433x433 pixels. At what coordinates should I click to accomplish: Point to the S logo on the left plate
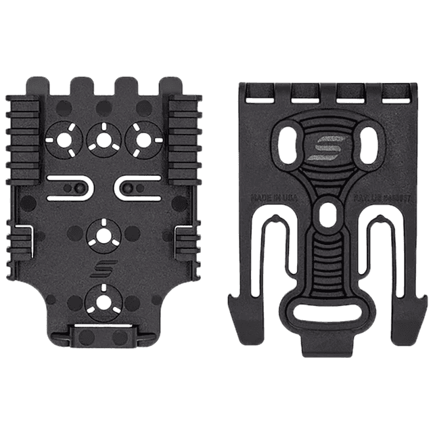click(x=102, y=269)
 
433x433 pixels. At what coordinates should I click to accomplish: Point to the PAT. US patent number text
click(x=373, y=199)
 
